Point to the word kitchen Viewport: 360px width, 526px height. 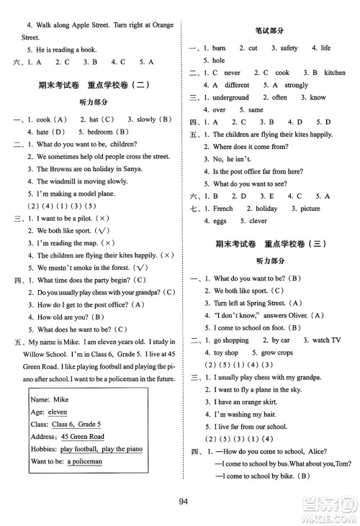(335, 73)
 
